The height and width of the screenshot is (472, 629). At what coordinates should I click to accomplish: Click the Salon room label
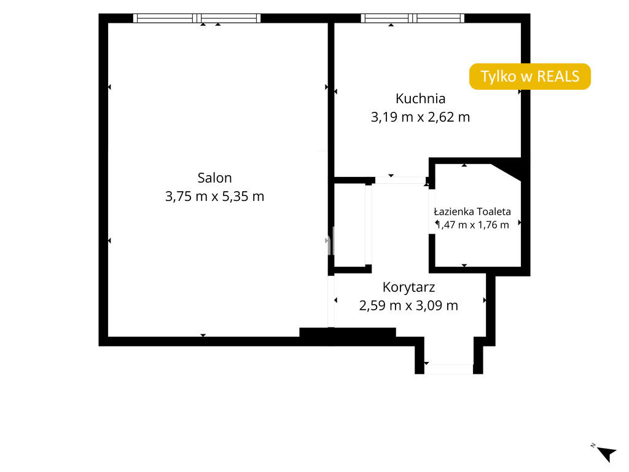pos(214,178)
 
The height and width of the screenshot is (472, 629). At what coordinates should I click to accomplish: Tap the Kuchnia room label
pos(420,98)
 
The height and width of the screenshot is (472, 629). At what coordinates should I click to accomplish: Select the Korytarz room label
pos(408,287)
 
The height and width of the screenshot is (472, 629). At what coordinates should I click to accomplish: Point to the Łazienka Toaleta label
pos(472,211)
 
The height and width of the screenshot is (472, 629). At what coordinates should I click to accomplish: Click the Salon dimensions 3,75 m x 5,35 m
pos(214,196)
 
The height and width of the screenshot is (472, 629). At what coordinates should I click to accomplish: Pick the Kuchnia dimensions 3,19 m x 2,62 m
pos(420,117)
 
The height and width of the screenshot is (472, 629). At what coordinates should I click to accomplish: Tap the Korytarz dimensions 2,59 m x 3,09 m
pos(408,305)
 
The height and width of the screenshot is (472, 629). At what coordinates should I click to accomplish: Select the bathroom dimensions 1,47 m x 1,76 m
pos(472,225)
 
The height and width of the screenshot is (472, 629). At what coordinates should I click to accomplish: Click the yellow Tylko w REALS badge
pos(530,76)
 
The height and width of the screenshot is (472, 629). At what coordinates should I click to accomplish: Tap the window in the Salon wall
pos(197,18)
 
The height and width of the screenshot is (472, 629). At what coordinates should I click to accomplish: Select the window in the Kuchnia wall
pos(412,18)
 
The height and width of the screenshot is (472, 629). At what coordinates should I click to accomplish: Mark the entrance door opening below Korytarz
pos(449,369)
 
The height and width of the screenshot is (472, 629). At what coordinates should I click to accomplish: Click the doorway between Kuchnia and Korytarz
pos(400,180)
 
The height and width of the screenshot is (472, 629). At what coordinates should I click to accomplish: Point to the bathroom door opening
pos(432,211)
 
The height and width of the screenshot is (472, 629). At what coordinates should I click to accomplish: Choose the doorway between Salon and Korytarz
pos(331,301)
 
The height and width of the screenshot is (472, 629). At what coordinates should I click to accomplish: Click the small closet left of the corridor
pos(350,224)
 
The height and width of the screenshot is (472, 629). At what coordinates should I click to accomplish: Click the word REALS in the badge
pos(558,76)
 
